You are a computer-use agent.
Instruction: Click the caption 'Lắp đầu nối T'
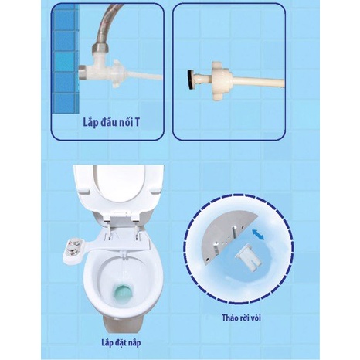[x=111, y=122]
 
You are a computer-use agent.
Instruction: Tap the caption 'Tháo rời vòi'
[x=242, y=318]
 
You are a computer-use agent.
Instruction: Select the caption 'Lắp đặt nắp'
[x=121, y=343]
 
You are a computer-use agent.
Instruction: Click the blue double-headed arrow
[x=258, y=235]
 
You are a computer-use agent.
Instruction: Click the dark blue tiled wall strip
[x=66, y=60]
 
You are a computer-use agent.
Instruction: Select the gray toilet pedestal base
[x=123, y=325]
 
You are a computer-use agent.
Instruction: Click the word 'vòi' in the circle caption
[x=255, y=318]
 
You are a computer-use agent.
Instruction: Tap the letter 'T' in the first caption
[x=137, y=122]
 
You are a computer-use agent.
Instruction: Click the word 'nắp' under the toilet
[x=134, y=344]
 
